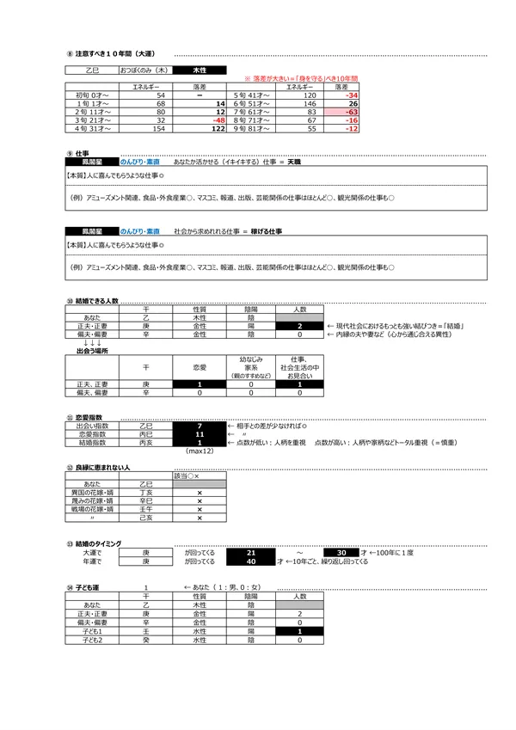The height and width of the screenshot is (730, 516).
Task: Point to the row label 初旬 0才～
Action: pos(89,95)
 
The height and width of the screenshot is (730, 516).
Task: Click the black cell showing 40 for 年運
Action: pos(250,561)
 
